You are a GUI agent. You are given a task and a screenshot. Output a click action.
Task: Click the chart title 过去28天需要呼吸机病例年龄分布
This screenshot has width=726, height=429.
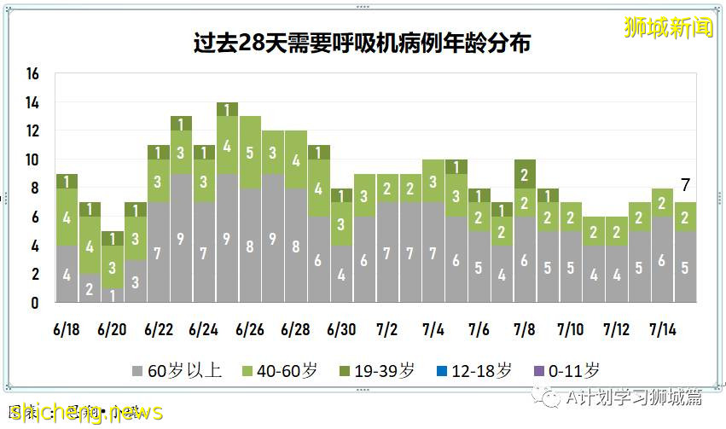click(x=363, y=43)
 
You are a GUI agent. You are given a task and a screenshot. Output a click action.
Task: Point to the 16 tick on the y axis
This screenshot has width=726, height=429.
click(x=33, y=74)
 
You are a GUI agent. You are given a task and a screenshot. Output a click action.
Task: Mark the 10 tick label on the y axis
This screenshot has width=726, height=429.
click(x=33, y=160)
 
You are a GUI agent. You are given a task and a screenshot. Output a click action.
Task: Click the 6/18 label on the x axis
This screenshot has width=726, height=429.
click(x=67, y=329)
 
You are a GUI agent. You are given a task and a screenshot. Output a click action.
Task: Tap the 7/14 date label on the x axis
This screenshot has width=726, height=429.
click(x=664, y=329)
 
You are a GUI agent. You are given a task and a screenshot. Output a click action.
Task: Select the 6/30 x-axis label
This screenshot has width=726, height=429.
click(x=342, y=329)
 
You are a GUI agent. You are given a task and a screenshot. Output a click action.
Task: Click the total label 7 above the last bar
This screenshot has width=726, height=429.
click(x=686, y=184)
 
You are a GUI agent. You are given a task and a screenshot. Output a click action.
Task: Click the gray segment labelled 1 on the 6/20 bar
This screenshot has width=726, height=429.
click(x=113, y=294)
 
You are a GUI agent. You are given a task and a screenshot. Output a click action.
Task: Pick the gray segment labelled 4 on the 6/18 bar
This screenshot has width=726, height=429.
click(x=67, y=274)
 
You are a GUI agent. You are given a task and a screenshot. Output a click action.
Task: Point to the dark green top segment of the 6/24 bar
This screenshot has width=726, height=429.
click(x=227, y=109)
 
